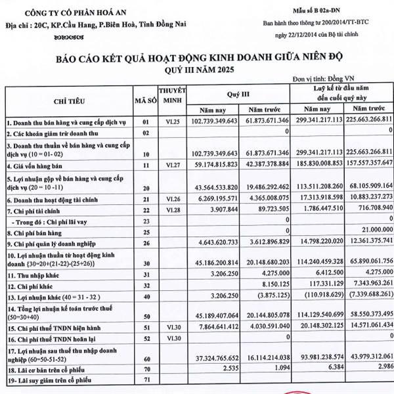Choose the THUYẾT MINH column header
click(x=173, y=96)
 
